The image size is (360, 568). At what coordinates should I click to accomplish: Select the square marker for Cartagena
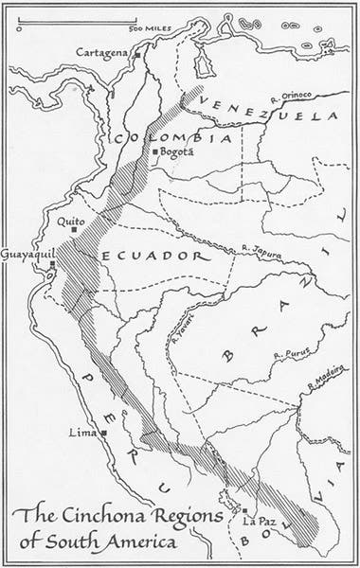coord(136,56)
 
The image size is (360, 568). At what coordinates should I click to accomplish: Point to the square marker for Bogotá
coord(156,151)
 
